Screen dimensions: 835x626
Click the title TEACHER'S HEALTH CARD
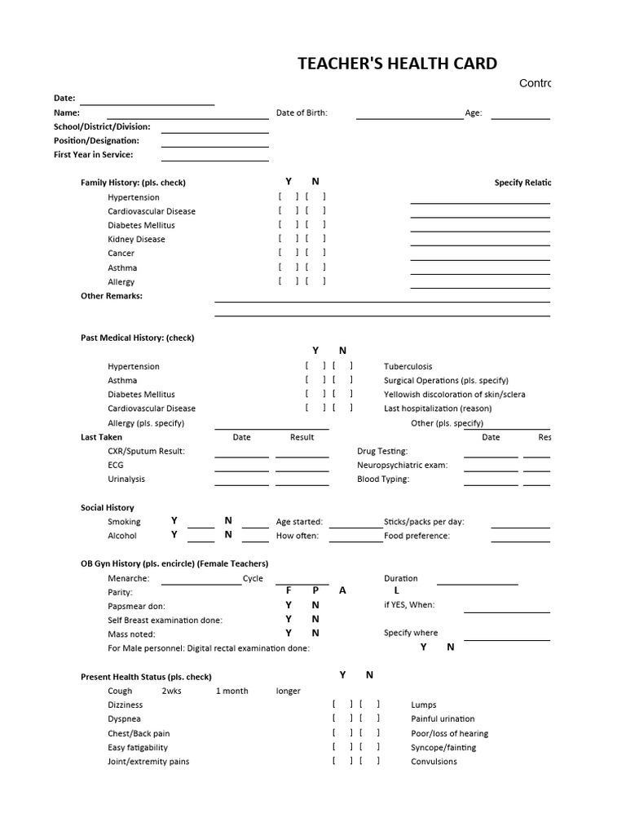(x=397, y=64)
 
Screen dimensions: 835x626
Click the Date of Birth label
(x=302, y=113)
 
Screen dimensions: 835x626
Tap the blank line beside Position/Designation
(x=214, y=146)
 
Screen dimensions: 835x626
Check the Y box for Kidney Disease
(x=288, y=239)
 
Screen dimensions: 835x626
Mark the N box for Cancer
(x=315, y=253)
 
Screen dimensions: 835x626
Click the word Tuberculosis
(x=408, y=367)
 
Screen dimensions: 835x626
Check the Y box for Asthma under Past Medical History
(x=315, y=381)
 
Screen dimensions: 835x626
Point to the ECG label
(x=116, y=465)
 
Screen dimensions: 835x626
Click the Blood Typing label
(x=383, y=479)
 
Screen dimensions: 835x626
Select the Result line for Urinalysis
(x=302, y=484)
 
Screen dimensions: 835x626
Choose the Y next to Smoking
(x=174, y=521)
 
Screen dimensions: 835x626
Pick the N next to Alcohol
(x=228, y=535)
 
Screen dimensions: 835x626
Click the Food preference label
(x=417, y=536)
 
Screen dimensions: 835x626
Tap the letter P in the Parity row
(x=315, y=590)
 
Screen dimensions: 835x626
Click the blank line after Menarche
(x=201, y=583)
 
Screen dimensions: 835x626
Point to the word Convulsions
(x=434, y=762)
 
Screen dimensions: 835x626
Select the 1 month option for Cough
(x=231, y=691)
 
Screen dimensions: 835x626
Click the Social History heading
(x=107, y=507)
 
